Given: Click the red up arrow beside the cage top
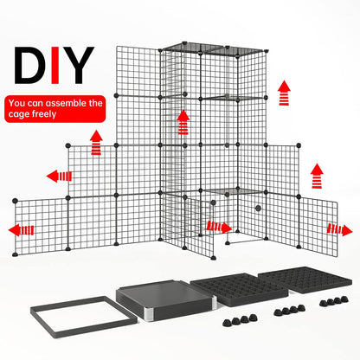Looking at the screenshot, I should tap(283, 91).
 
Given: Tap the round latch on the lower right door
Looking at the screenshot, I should tap(257, 210).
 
